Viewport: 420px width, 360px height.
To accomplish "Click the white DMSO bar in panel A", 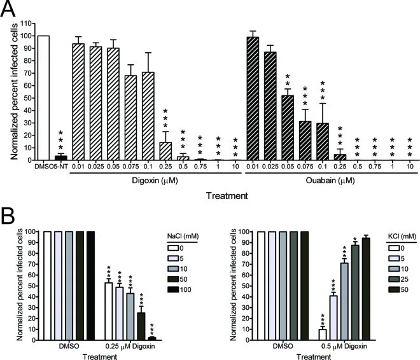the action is [43, 98].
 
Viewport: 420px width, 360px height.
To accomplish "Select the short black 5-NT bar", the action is [61, 158].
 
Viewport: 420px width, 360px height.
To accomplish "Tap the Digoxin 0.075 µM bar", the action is [130, 118].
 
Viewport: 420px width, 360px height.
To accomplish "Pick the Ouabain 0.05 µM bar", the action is [288, 128].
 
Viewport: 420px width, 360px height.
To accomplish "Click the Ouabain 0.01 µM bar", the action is [253, 99].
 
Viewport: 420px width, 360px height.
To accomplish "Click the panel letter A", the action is [8, 8].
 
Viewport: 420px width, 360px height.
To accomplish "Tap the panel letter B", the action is [8, 216].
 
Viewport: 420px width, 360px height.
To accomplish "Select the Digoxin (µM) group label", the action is [155, 181].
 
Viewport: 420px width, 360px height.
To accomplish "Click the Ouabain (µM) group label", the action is [330, 181].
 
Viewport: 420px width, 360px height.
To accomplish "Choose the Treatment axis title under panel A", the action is [227, 196].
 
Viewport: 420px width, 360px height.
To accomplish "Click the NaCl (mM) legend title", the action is [183, 236].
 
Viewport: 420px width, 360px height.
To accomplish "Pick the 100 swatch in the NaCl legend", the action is [173, 289].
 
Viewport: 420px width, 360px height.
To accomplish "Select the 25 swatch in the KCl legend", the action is [394, 279].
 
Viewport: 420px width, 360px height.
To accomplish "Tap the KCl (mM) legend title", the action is [402, 236].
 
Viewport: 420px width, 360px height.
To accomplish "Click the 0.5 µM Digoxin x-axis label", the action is [344, 347].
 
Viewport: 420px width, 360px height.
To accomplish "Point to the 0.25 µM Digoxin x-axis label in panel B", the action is [130, 347].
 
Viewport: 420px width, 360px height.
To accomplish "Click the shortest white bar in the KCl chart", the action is [323, 335].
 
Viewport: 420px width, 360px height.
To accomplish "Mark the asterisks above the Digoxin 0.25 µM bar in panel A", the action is [165, 118].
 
